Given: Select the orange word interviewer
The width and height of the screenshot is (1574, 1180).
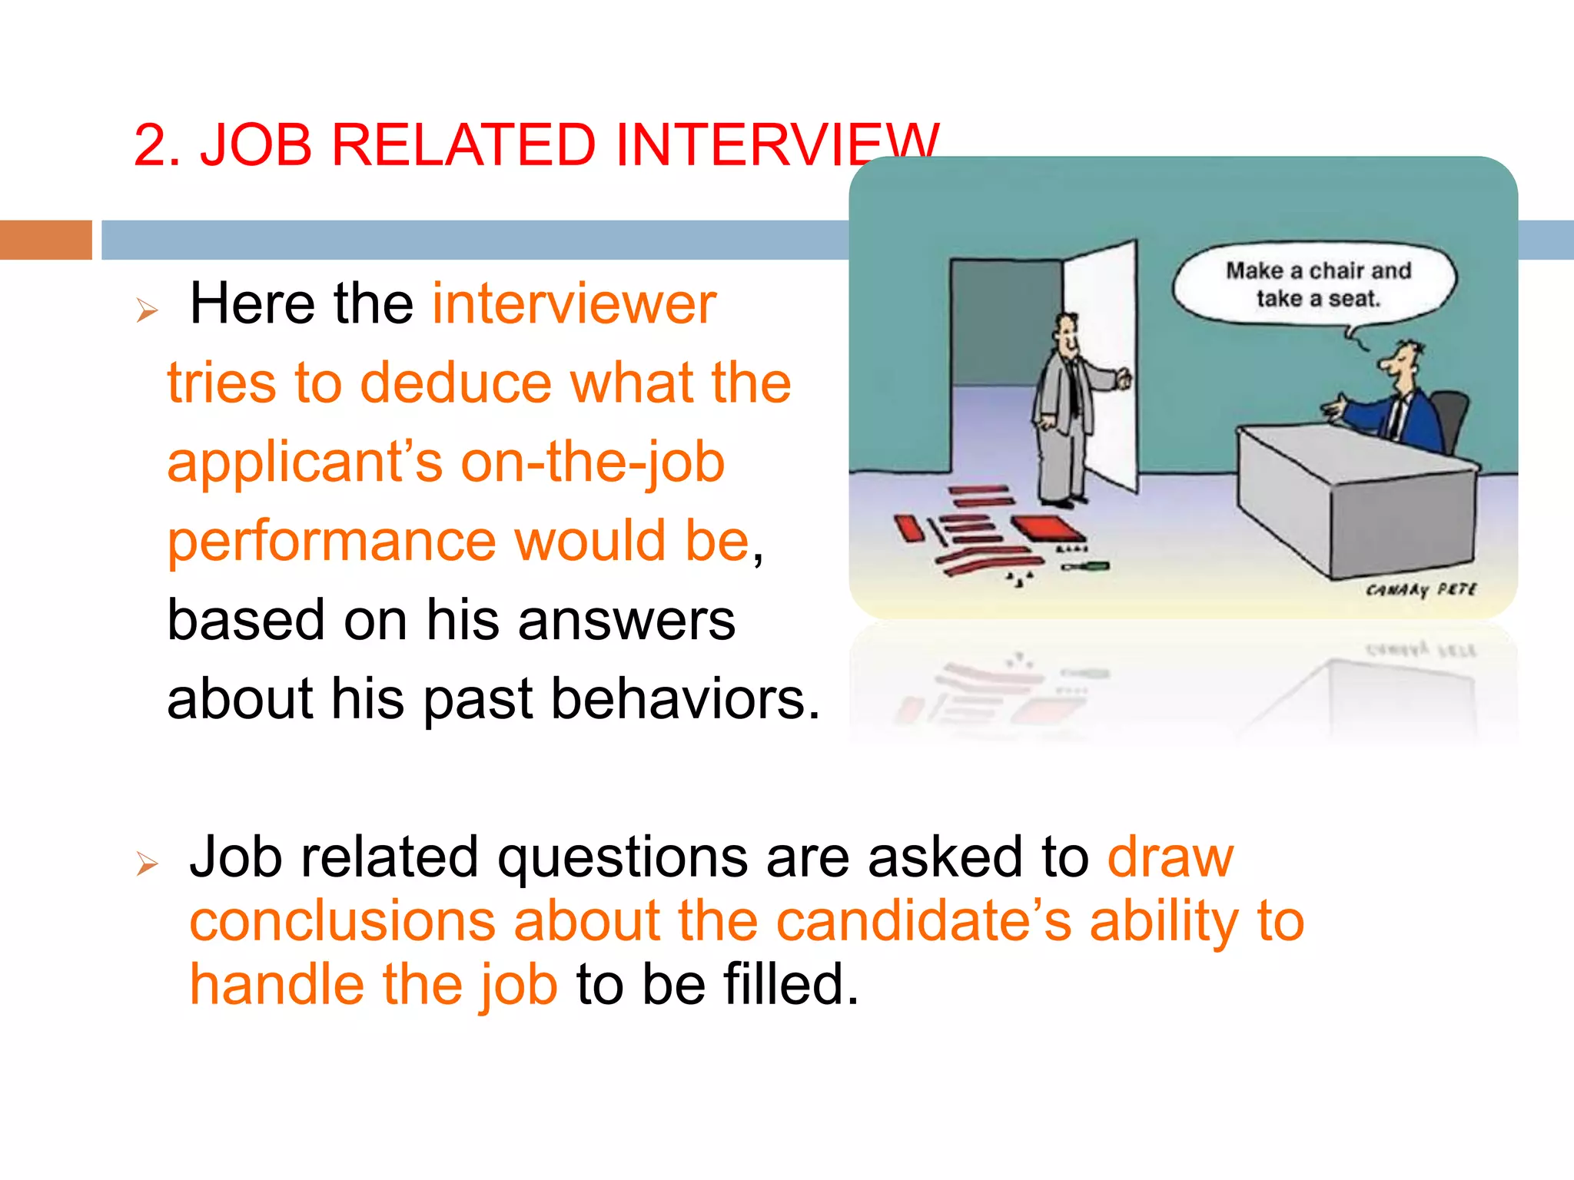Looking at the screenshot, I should click(574, 304).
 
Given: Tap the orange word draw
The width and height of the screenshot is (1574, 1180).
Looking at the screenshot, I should click(1170, 857).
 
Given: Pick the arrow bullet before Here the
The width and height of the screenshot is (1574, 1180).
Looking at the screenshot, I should click(147, 310).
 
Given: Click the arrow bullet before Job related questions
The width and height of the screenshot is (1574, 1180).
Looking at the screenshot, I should click(147, 863).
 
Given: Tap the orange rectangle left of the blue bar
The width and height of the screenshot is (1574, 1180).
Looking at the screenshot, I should click(45, 240).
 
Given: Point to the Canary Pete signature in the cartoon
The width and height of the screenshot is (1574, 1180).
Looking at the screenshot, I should click(1420, 590).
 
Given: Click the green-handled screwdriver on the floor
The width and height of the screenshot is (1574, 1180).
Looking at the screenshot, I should click(1085, 567).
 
